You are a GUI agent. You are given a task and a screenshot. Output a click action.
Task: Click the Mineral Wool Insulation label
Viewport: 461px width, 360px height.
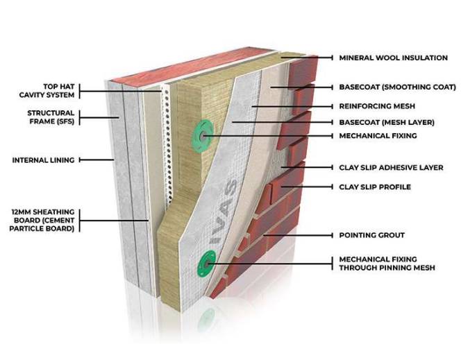(393, 58)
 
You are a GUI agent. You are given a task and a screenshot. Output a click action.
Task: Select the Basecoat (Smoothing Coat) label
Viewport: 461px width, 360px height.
(397, 87)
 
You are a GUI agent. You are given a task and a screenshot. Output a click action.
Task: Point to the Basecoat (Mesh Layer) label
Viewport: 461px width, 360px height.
(386, 121)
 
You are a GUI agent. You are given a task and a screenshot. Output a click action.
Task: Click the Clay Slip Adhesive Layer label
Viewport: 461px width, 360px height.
(391, 168)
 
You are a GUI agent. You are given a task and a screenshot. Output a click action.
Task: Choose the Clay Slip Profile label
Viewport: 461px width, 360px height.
(375, 187)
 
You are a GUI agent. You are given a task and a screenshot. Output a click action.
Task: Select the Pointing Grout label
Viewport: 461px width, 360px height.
(371, 235)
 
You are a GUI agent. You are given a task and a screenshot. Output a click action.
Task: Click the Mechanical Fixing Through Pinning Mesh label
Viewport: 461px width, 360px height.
(387, 264)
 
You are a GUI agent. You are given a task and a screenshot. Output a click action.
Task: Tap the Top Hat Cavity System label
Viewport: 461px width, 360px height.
(40, 91)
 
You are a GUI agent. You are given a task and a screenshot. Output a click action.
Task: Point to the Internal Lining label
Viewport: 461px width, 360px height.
(43, 160)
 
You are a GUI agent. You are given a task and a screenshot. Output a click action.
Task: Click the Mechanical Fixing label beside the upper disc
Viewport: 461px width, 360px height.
(378, 136)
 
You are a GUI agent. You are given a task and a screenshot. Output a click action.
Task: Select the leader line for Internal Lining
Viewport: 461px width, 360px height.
(97, 160)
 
